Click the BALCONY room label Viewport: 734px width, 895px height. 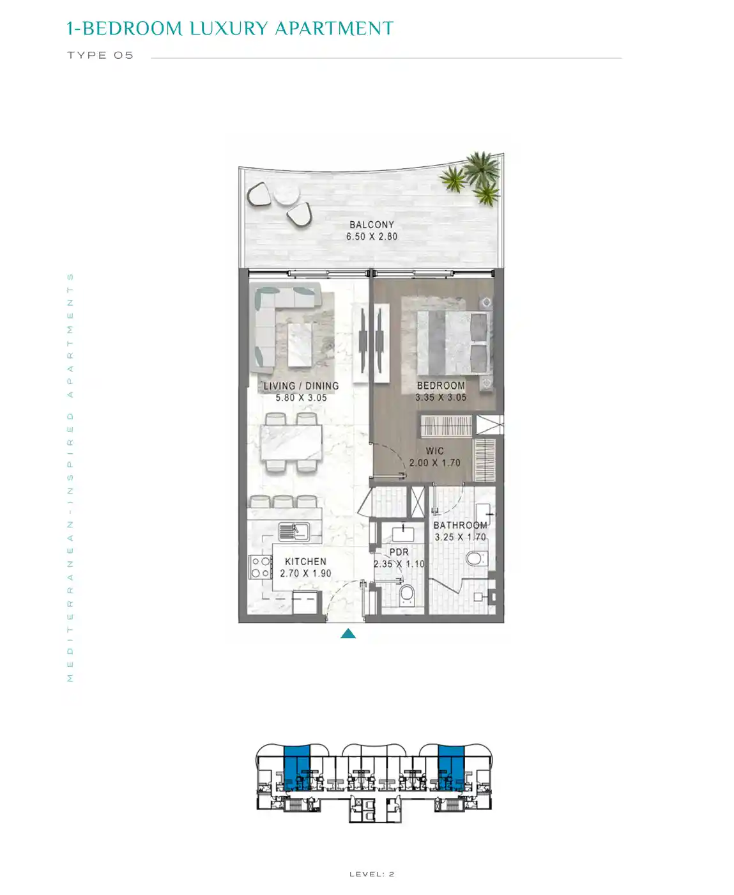pyautogui.click(x=371, y=224)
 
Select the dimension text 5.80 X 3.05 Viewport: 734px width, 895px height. pyautogui.click(x=301, y=398)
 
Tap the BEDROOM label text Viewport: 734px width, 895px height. pyautogui.click(x=441, y=385)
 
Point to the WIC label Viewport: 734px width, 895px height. pyautogui.click(x=434, y=451)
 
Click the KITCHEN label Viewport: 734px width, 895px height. pyautogui.click(x=305, y=561)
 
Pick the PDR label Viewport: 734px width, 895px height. pyautogui.click(x=399, y=552)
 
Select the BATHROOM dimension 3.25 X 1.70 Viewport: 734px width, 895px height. pyautogui.click(x=460, y=537)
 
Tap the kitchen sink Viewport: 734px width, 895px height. pyautogui.click(x=294, y=532)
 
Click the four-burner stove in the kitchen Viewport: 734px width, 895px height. pyautogui.click(x=261, y=567)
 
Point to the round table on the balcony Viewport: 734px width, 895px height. pyautogui.click(x=286, y=193)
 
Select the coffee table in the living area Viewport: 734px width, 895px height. pyautogui.click(x=300, y=345)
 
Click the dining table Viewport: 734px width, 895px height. pyautogui.click(x=291, y=442)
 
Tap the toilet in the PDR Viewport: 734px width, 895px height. pyautogui.click(x=407, y=594)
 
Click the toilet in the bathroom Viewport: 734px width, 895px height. pyautogui.click(x=476, y=558)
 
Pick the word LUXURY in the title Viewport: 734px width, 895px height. pyautogui.click(x=229, y=28)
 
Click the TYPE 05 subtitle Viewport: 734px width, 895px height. pyautogui.click(x=100, y=55)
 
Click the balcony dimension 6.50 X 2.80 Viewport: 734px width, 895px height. pyautogui.click(x=372, y=237)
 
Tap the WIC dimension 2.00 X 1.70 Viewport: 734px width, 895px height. pyautogui.click(x=434, y=463)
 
